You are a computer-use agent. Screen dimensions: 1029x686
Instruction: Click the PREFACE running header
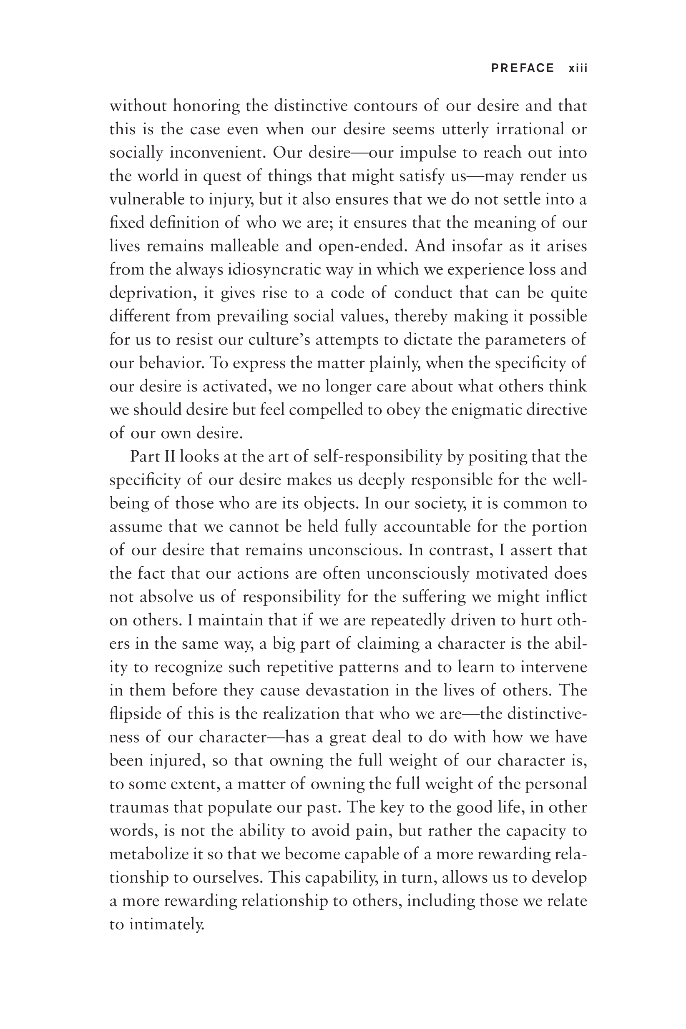[x=523, y=68]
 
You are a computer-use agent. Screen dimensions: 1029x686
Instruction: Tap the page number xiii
[x=578, y=68]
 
